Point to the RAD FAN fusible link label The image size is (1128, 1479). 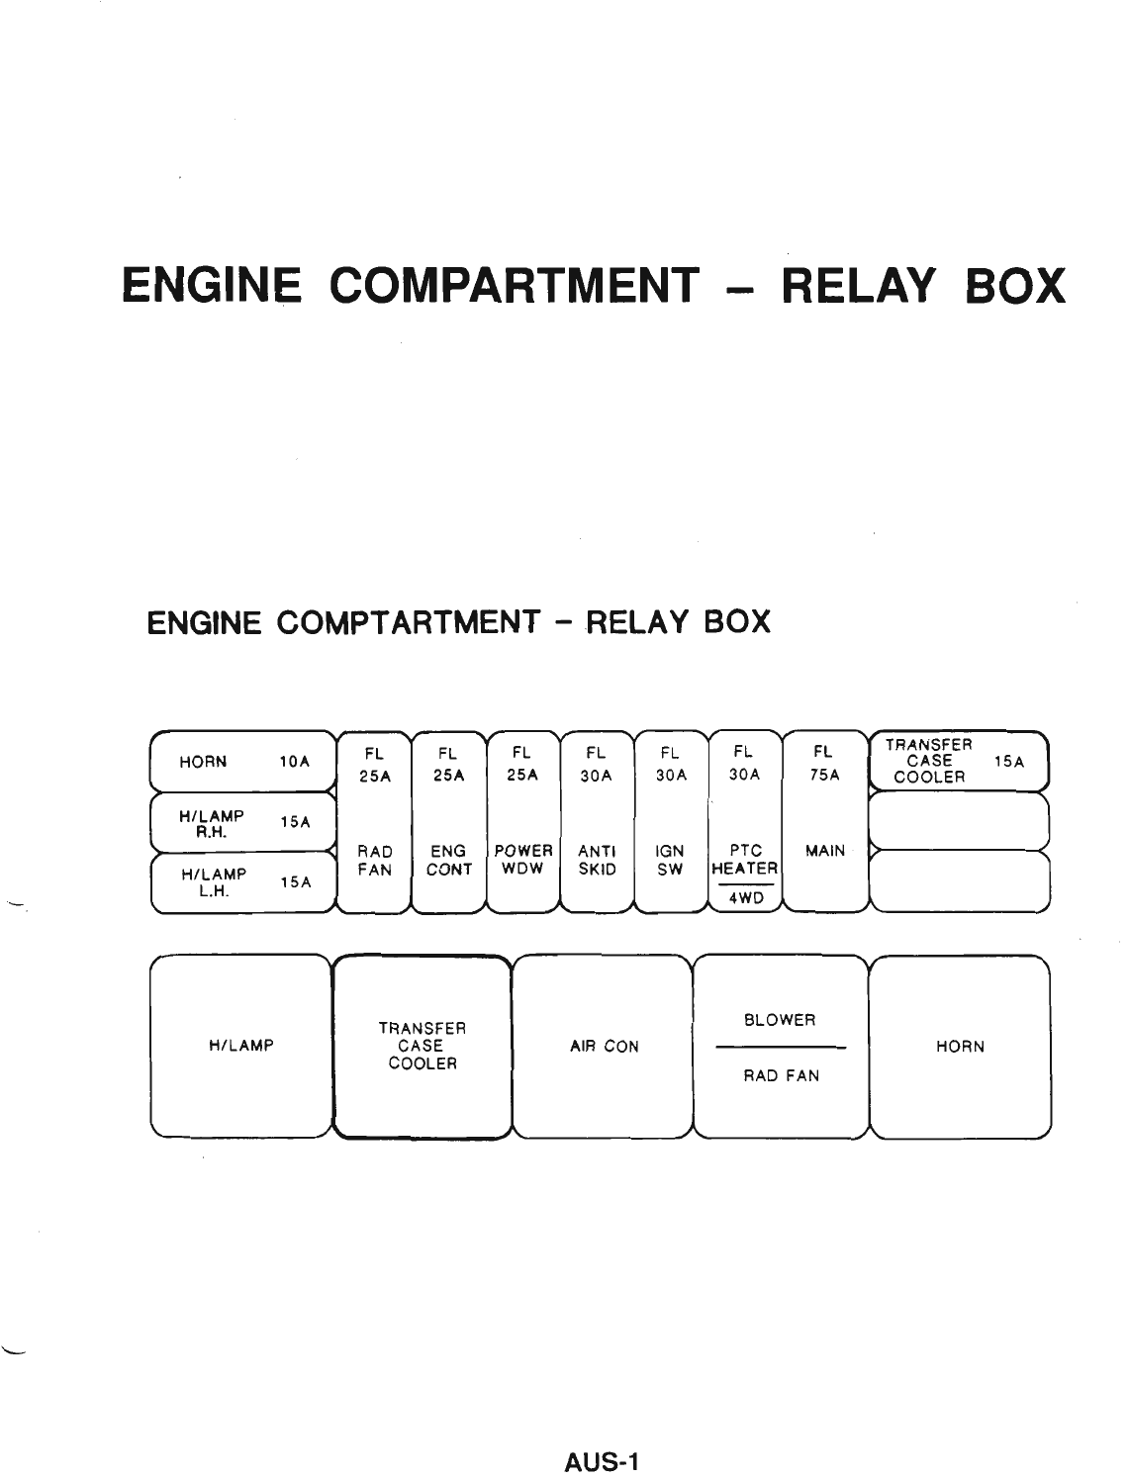[375, 861]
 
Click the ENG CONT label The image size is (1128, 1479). [448, 861]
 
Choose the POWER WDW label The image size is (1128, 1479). [522, 861]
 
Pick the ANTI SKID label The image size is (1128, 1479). [597, 861]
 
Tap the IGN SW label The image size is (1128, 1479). [670, 861]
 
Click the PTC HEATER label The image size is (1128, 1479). [744, 860]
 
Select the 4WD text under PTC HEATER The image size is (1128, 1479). [745, 899]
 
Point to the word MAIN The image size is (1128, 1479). [826, 851]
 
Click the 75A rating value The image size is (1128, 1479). [823, 777]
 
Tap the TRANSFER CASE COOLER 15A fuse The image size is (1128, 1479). [957, 761]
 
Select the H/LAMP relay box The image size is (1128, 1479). [240, 1047]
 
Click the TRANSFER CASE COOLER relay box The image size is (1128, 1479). [423, 1047]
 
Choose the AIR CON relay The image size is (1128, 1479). [604, 1047]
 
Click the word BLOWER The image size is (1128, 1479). [780, 1020]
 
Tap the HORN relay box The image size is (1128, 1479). [960, 1047]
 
